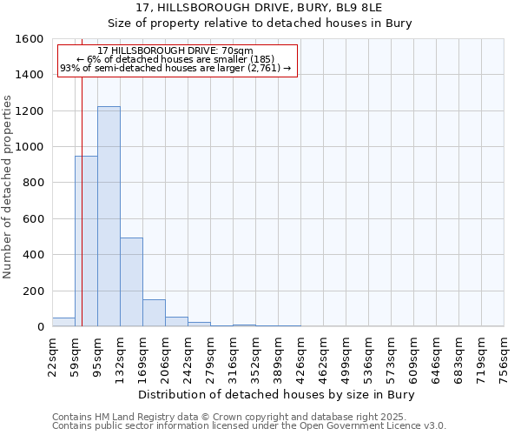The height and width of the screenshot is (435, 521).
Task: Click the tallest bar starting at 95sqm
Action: [x=109, y=217]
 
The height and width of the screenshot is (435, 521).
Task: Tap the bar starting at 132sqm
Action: [x=131, y=282]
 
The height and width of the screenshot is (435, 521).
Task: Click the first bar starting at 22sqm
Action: [x=63, y=322]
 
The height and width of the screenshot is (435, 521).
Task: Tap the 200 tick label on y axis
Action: [x=32, y=291]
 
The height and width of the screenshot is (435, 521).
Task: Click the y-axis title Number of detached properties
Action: [x=8, y=183]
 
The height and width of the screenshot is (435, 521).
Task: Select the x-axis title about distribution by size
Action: [x=277, y=395]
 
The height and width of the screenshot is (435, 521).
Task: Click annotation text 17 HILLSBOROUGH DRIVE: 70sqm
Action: [x=176, y=51]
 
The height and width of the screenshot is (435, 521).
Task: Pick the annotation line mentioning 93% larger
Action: [x=176, y=69]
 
